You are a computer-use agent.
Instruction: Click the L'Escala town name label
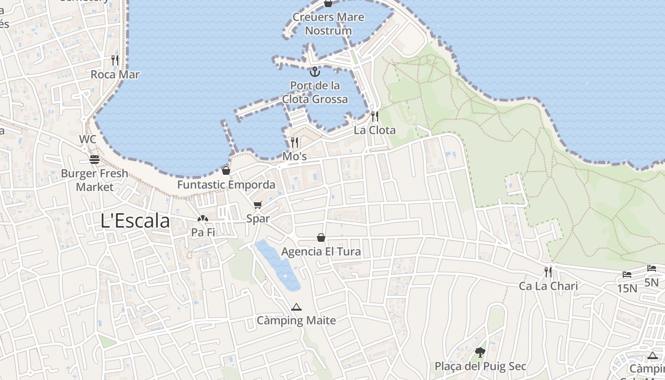[135, 221]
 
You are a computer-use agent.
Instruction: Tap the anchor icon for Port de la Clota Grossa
[314, 72]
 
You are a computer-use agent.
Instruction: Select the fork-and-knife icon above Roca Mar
[115, 60]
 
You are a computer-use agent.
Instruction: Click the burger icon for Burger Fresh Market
[95, 159]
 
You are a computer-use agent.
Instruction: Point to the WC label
[87, 139]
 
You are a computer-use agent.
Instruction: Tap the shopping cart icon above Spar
[257, 205]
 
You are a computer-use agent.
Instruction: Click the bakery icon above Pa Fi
[203, 219]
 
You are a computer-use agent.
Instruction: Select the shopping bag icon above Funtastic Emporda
[226, 171]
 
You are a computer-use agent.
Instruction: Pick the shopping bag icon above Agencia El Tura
[321, 237]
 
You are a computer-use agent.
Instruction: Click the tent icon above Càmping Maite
[296, 307]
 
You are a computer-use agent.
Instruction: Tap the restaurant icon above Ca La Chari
[548, 272]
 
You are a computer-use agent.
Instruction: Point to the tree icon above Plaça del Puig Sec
[480, 352]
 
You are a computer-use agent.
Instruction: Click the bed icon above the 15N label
[627, 275]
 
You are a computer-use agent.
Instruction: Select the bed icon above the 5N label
[652, 269]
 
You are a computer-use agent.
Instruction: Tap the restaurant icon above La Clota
[375, 116]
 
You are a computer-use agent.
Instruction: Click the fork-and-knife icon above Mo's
[294, 142]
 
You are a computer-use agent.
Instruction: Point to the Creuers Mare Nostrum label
[328, 24]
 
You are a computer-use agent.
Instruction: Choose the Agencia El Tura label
[321, 252]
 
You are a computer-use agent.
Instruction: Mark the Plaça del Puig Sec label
[481, 366]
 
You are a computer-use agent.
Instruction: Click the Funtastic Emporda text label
[226, 185]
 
